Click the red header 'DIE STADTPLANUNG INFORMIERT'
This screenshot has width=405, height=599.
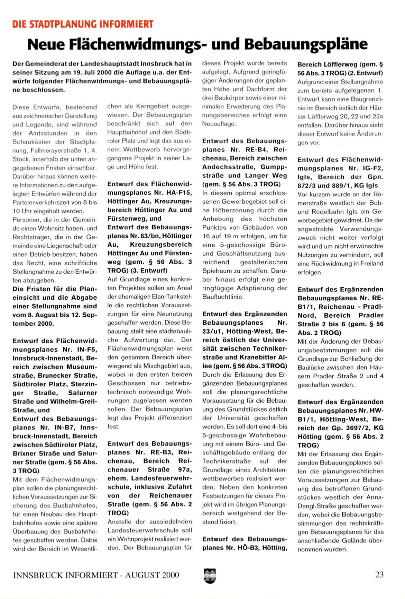83,24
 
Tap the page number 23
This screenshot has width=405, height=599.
379,575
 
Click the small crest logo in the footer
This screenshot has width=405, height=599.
210,575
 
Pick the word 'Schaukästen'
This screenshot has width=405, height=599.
39,142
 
